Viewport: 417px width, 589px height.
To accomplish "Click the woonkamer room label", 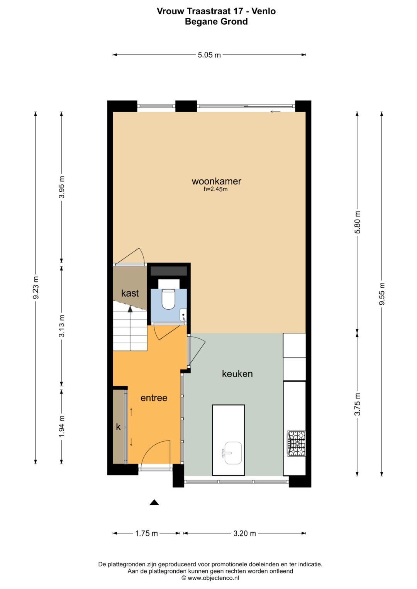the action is (x=216, y=181).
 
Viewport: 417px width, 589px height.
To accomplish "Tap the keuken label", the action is (x=237, y=374).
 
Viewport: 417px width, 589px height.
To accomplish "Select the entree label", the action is (x=154, y=398).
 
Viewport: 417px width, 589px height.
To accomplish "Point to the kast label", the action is (x=130, y=293).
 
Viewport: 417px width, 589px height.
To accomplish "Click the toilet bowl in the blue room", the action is (x=168, y=299).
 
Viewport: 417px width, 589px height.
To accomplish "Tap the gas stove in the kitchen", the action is (x=296, y=443).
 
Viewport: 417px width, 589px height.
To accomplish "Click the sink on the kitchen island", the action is (x=233, y=453).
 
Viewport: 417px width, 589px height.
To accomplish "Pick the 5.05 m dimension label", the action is (x=209, y=55).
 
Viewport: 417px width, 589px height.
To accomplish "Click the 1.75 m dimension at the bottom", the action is (x=146, y=533).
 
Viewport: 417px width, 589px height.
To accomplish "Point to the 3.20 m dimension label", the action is (x=244, y=533).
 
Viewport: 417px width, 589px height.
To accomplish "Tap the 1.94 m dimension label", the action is (x=62, y=427).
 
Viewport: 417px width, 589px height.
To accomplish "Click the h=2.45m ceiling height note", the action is (x=215, y=189).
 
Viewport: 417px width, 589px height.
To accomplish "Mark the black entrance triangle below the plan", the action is (x=154, y=503).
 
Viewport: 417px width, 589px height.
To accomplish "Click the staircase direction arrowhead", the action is (x=130, y=309).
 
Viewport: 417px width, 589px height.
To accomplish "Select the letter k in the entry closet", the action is (x=119, y=427).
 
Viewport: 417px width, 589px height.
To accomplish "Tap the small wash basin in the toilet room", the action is (x=183, y=315).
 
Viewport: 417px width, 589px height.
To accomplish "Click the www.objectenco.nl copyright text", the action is (x=210, y=578).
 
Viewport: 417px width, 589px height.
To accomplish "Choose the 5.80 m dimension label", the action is (x=358, y=223).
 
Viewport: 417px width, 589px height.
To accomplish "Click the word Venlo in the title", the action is (x=263, y=11).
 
